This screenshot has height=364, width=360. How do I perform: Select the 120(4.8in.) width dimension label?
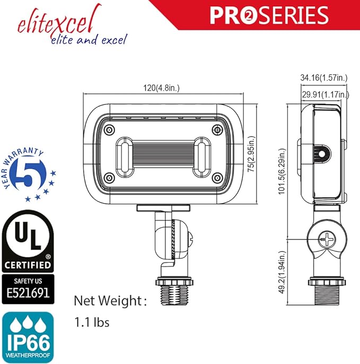tap(161, 88)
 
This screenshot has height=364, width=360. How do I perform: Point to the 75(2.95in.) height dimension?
tap(251, 154)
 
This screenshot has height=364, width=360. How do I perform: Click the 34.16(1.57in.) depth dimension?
tap(324, 77)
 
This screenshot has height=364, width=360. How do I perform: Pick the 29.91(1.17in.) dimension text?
tap(326, 94)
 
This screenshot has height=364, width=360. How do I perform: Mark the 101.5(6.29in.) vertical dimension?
tap(282, 171)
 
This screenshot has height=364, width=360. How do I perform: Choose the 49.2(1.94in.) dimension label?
tap(282, 272)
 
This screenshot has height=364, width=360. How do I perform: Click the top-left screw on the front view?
tap(109, 129)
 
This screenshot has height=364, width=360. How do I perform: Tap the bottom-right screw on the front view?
tap(217, 178)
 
